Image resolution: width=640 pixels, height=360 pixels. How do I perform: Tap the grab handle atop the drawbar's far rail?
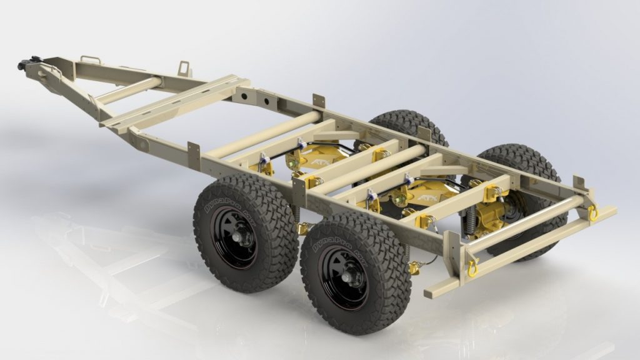(x=91, y=60)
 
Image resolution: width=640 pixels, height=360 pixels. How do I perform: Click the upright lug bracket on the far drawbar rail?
(x=184, y=67)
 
